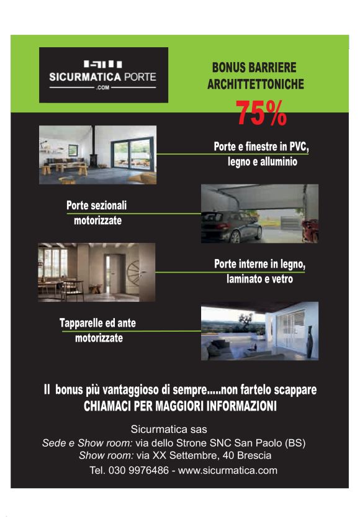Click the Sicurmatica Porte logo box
tap(103, 75)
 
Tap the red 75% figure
tap(261, 112)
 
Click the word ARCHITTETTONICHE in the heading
tap(255, 84)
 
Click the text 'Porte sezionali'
tap(96, 206)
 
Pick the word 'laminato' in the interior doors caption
tap(245, 280)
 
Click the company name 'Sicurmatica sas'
tap(169, 429)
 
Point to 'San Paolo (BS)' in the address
tap(275, 443)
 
